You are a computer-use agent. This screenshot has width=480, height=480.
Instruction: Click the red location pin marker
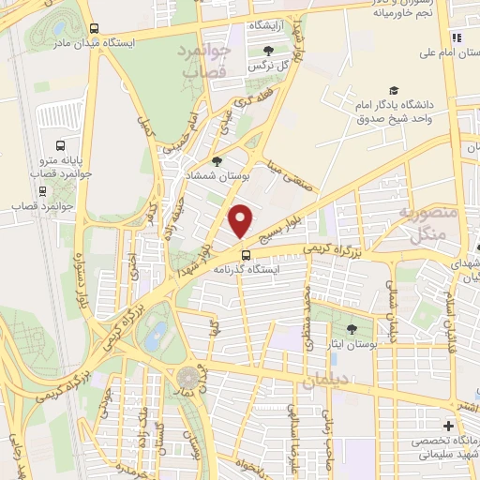pyautogui.click(x=242, y=221)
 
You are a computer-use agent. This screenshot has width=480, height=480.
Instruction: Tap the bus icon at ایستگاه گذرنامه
pyautogui.click(x=246, y=254)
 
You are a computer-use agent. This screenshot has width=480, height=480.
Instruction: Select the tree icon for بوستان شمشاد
pyautogui.click(x=217, y=161)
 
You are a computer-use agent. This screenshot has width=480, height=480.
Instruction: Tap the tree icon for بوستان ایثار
pyautogui.click(x=352, y=328)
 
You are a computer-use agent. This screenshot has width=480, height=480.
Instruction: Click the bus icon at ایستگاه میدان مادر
pyautogui.click(x=93, y=29)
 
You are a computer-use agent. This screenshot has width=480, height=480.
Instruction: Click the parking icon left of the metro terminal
pyautogui.click(x=43, y=115)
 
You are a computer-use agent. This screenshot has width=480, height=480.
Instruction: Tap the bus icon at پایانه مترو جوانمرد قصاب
pyautogui.click(x=60, y=146)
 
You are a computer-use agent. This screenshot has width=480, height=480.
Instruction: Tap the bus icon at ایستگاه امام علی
pyautogui.click(x=456, y=37)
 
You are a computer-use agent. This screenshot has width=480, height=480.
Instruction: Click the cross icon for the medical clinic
pyautogui.click(x=448, y=427)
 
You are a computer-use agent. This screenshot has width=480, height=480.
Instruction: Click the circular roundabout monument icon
pyautogui.click(x=188, y=378)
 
